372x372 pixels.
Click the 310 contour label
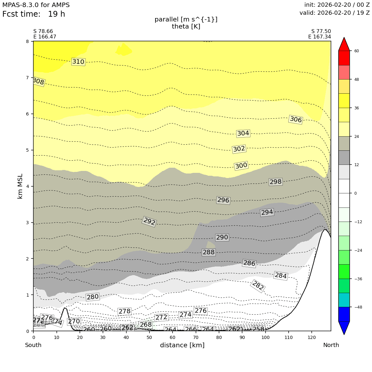tap(78, 62)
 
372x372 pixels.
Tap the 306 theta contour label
tap(296, 120)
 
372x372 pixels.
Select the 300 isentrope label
tap(241, 166)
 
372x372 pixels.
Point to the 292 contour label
tap(149, 222)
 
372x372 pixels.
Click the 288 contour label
tap(208, 252)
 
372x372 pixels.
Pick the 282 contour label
tap(258, 286)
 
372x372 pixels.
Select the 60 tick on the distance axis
tap(173, 337)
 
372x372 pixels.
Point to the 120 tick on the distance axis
tap(312, 337)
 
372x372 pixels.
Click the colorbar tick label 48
tap(357, 80)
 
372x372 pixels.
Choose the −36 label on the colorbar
tap(358, 279)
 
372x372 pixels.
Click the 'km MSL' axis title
tap(20, 186)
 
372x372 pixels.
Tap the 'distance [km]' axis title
tap(182, 345)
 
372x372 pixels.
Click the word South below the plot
tap(33, 345)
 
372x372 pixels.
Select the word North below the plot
tap(331, 345)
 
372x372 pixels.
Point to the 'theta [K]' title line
tap(186, 27)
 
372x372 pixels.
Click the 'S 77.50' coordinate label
tap(321, 31)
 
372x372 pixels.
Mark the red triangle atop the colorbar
tap(344, 44)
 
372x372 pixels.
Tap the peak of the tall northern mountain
tap(325, 229)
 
